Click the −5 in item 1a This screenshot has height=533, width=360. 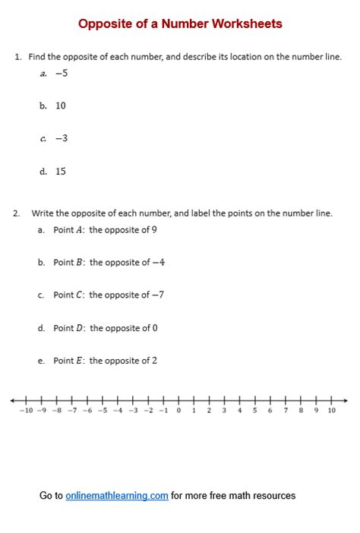pyautogui.click(x=62, y=74)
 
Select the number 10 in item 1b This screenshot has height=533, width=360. pyautogui.click(x=61, y=106)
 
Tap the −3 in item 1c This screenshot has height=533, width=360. pyautogui.click(x=62, y=138)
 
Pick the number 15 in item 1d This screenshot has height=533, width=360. pyautogui.click(x=61, y=171)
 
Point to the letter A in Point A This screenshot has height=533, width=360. pyautogui.click(x=79, y=229)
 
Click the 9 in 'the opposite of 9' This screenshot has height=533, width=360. pyautogui.click(x=154, y=229)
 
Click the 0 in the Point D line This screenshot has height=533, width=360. pyautogui.click(x=154, y=328)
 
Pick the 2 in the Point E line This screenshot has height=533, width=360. pyautogui.click(x=154, y=361)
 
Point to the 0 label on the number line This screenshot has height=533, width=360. pyautogui.click(x=179, y=411)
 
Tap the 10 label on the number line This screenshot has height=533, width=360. pyautogui.click(x=332, y=411)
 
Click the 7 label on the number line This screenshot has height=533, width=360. pyautogui.click(x=286, y=411)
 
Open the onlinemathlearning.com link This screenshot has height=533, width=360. pyautogui.click(x=117, y=496)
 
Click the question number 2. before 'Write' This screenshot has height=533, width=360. pyautogui.click(x=17, y=213)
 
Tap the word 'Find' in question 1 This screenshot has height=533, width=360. pyautogui.click(x=37, y=57)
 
